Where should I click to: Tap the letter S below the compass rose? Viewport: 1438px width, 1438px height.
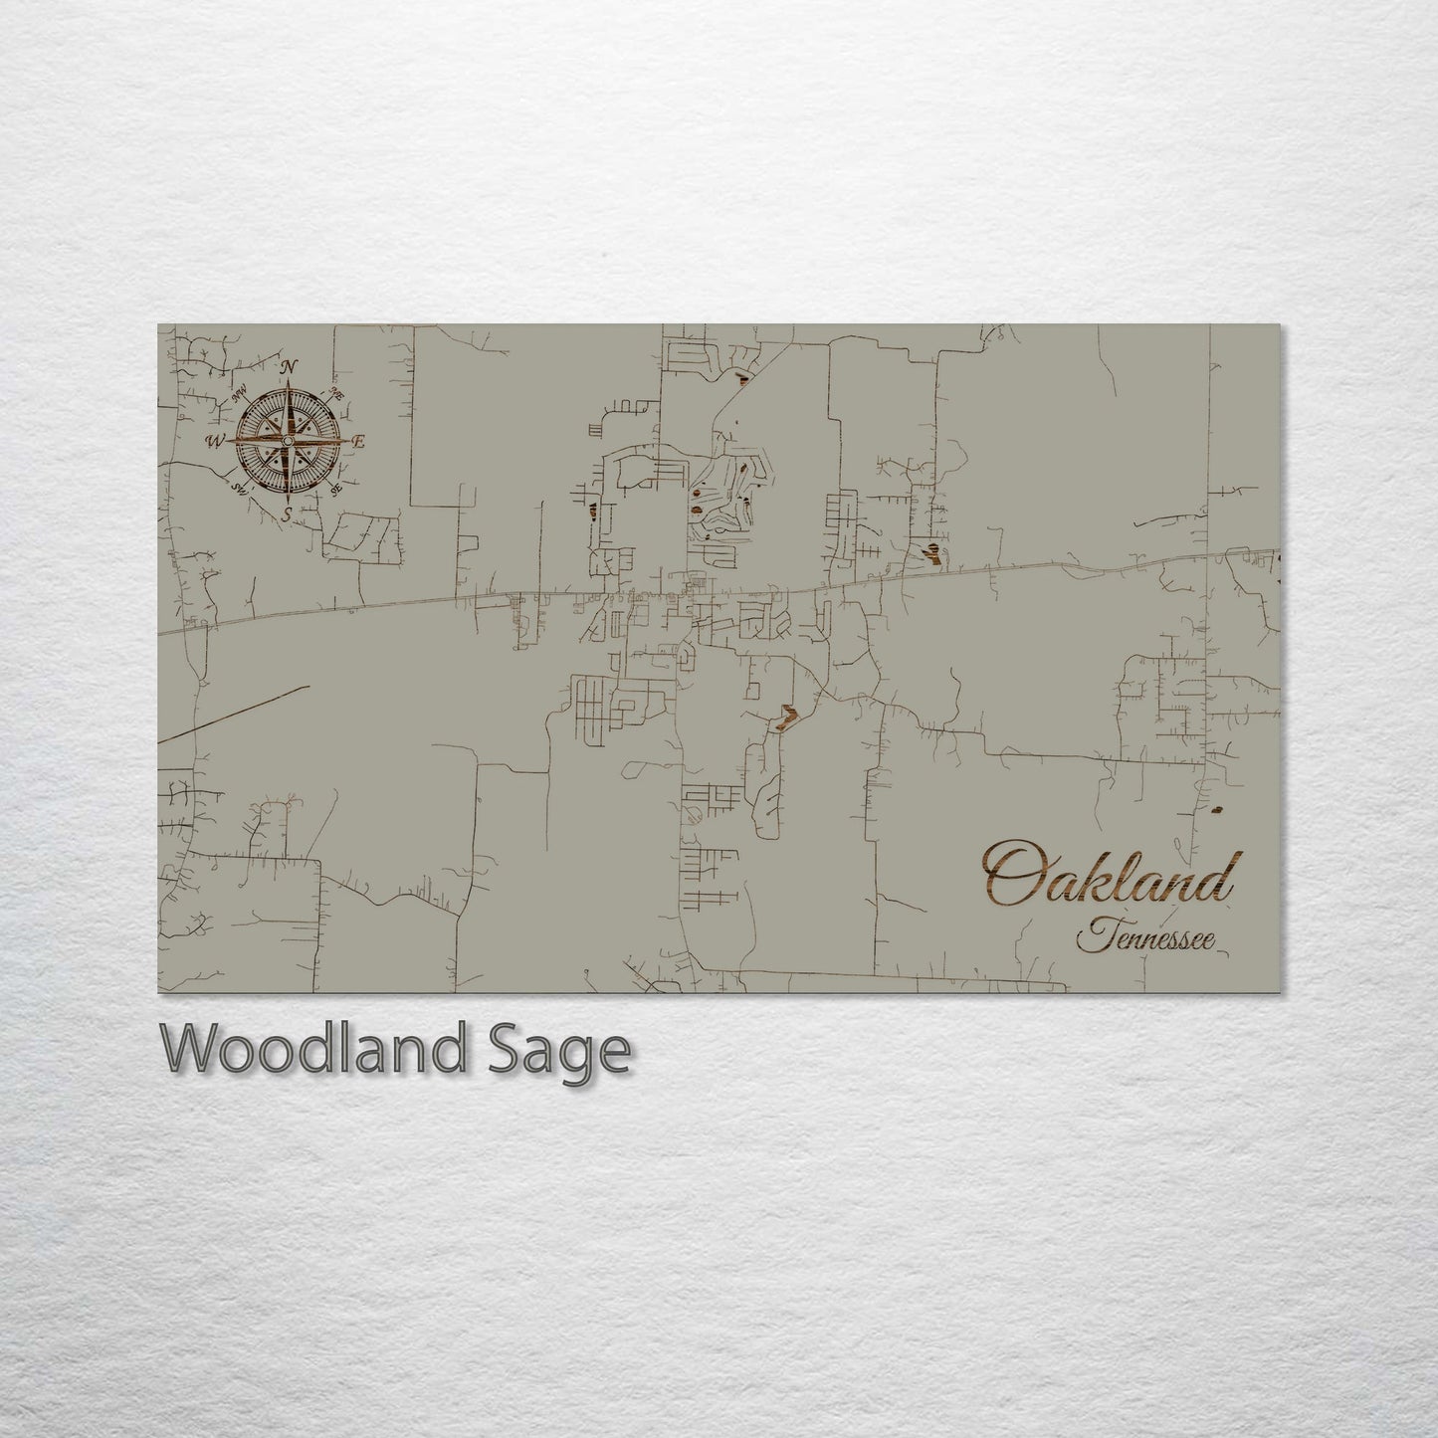(x=287, y=514)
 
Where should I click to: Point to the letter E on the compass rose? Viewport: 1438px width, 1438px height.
(x=360, y=441)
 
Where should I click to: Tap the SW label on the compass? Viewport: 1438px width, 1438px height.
(x=239, y=488)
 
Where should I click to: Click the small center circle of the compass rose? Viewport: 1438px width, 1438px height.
(x=288, y=440)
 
